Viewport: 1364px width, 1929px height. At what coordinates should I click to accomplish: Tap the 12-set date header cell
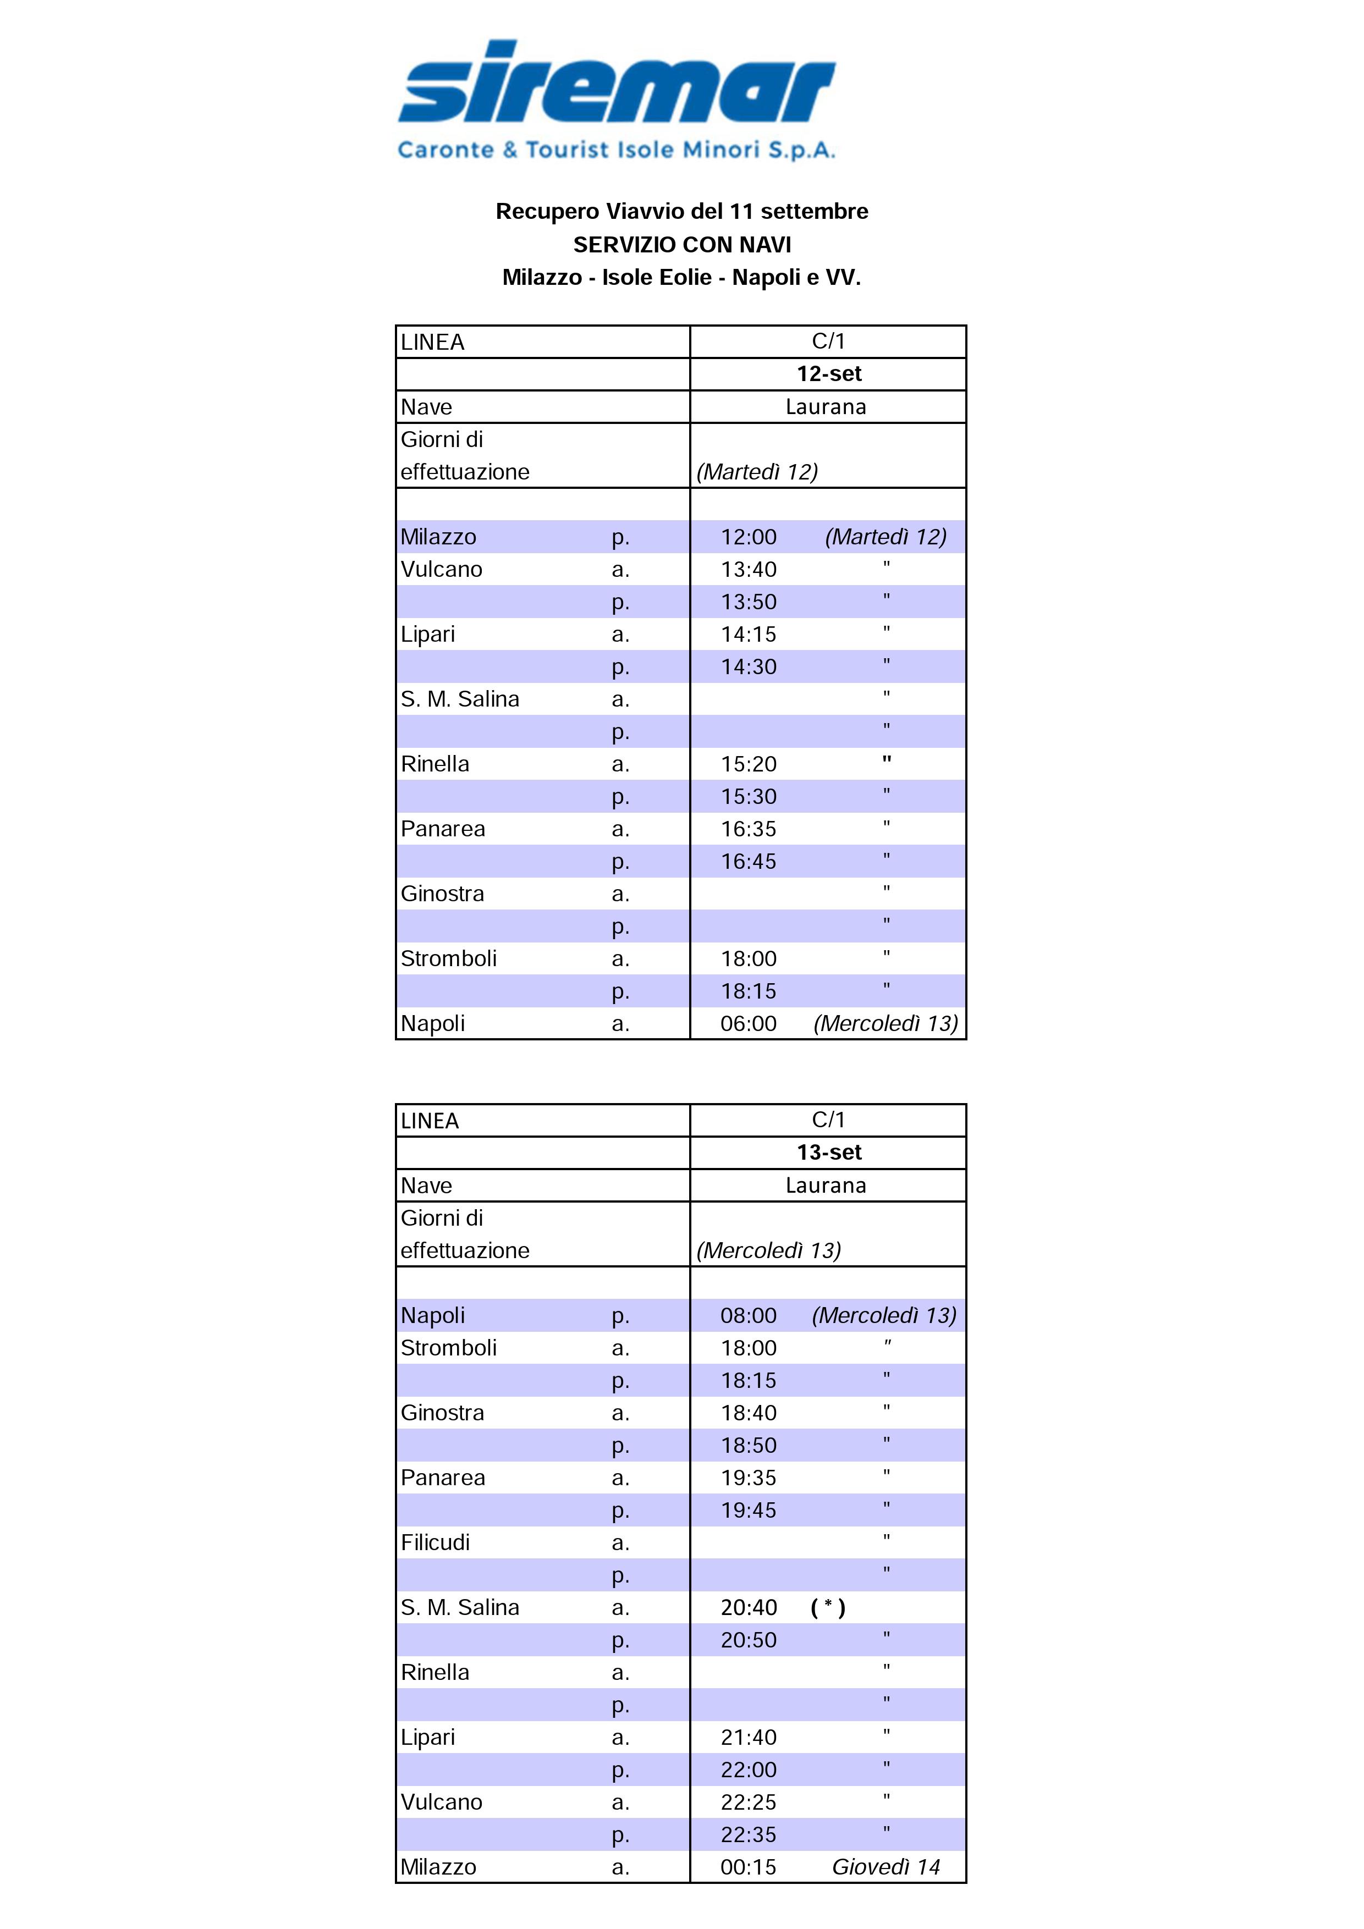[829, 374]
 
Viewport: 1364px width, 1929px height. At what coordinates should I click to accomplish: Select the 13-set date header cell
[829, 1152]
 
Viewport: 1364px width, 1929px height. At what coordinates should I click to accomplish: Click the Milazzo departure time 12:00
[748, 537]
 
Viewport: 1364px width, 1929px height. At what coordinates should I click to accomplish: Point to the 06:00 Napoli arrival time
[748, 1023]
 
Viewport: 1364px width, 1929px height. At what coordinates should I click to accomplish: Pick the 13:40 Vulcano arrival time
[748, 570]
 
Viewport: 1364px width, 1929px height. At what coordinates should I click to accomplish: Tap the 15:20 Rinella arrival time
[748, 764]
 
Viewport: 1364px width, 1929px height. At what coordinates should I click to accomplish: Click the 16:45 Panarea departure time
[748, 861]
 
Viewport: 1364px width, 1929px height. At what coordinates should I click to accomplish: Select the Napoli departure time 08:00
[748, 1315]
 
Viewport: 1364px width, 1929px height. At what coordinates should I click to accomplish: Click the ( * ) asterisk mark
[828, 1607]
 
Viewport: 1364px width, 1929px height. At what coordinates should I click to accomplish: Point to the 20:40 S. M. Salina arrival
[748, 1607]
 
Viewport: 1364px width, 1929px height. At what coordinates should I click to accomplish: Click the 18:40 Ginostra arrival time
[748, 1412]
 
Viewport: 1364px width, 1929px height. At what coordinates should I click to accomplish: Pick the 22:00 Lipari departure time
[748, 1770]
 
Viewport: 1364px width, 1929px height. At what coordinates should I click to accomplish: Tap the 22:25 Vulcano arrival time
[748, 1802]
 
